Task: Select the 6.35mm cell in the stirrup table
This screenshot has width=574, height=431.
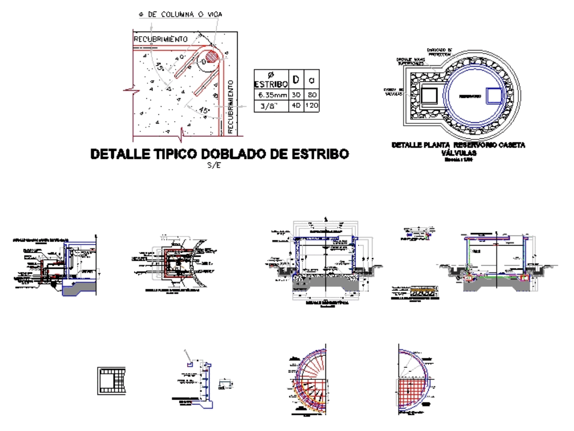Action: click(272, 95)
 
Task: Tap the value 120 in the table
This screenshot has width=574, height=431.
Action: click(312, 106)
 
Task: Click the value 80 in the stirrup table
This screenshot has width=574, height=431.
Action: click(312, 95)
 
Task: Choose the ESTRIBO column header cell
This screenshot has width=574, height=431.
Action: click(272, 80)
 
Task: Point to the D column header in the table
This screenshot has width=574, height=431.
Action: click(296, 79)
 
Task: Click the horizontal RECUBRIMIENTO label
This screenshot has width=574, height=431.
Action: click(161, 38)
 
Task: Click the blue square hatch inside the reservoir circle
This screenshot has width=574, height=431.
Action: click(494, 96)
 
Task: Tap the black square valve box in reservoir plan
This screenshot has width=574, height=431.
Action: click(430, 96)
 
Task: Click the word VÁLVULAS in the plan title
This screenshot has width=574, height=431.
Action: click(457, 154)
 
